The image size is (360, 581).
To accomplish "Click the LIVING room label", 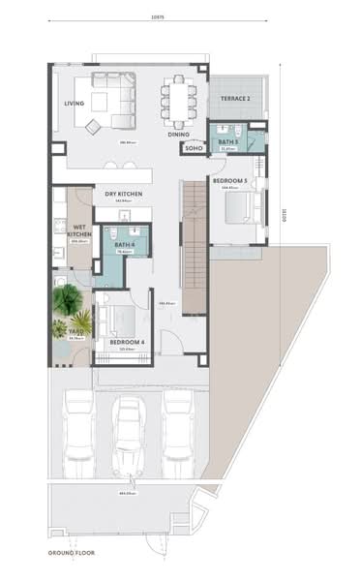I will click(74, 104).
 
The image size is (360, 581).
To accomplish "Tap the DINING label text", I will click(178, 134).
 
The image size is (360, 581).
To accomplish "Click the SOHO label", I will click(194, 148).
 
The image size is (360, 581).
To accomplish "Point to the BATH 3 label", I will click(228, 142).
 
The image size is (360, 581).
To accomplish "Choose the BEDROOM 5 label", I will click(230, 181).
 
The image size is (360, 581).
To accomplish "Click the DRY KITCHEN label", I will click(124, 194).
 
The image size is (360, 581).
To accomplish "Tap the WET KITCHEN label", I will click(81, 230).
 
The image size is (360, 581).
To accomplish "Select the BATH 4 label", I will click(123, 245).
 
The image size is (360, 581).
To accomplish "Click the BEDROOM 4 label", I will click(127, 343).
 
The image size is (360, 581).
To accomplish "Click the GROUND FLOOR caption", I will click(74, 552).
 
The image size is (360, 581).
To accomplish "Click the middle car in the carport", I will click(129, 429).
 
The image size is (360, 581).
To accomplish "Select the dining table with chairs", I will click(179, 101).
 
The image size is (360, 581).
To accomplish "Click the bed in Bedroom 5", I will click(239, 207).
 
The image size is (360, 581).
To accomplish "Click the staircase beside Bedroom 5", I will click(195, 247).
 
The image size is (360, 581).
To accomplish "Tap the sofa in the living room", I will click(115, 100).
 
